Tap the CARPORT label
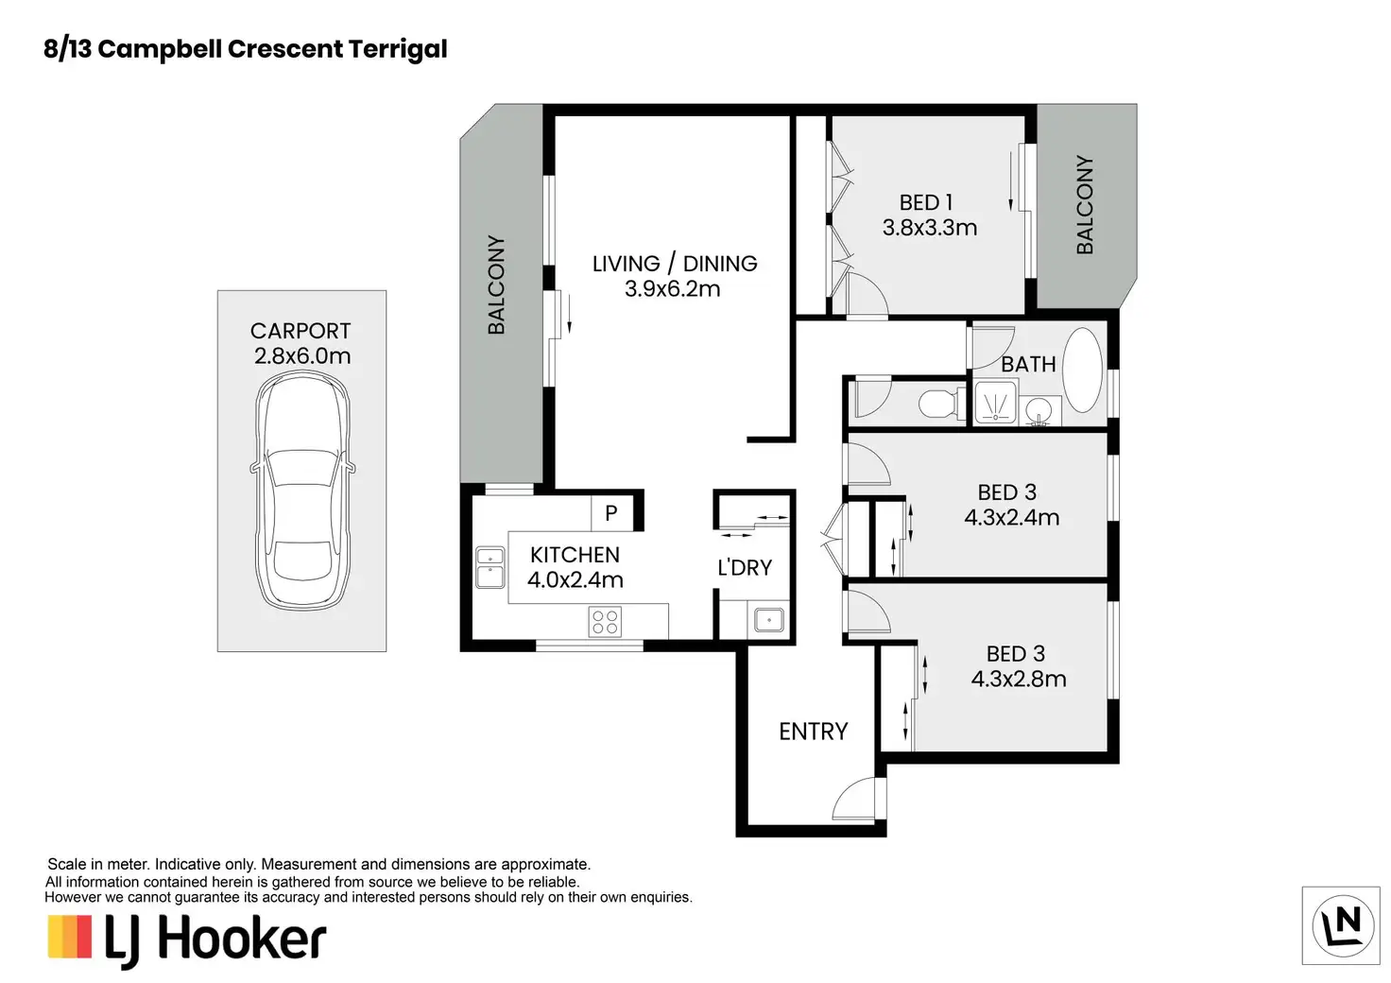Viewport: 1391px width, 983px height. pos(301,331)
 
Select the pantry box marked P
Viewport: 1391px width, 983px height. pos(610,513)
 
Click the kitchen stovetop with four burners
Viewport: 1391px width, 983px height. pos(605,622)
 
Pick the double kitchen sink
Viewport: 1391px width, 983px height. pos(489,567)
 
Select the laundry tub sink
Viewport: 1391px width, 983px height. pos(767,621)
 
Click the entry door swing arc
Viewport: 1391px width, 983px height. pos(856,799)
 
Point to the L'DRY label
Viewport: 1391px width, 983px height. pos(745,568)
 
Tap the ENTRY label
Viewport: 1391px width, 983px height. pos(813,732)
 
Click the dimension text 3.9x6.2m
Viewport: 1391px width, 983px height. pos(672,289)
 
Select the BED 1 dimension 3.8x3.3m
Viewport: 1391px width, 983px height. pos(930,228)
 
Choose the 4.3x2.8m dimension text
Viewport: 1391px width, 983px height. pos(1019,679)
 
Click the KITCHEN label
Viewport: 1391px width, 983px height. pos(575,555)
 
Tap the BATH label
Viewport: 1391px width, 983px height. pos(1028,364)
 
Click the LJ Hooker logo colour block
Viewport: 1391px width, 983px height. pos(70,937)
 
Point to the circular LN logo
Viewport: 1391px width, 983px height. pos(1342,925)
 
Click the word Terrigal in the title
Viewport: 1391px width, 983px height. pos(397,49)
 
